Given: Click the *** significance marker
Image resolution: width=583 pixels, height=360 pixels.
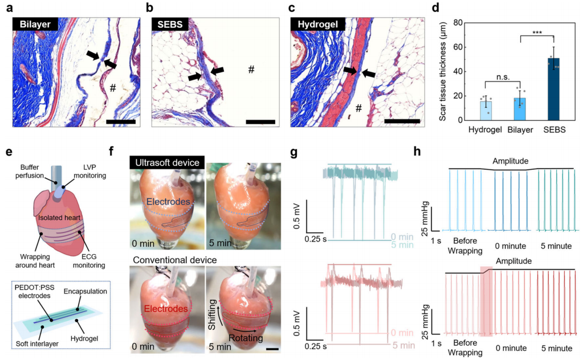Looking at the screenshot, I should [x=536, y=34].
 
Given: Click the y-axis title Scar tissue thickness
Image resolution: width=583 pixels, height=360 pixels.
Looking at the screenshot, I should [x=444, y=71].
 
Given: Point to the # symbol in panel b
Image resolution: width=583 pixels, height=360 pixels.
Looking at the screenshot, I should [x=250, y=69].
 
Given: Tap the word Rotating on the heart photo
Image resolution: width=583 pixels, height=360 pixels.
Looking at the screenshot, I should [x=246, y=338].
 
